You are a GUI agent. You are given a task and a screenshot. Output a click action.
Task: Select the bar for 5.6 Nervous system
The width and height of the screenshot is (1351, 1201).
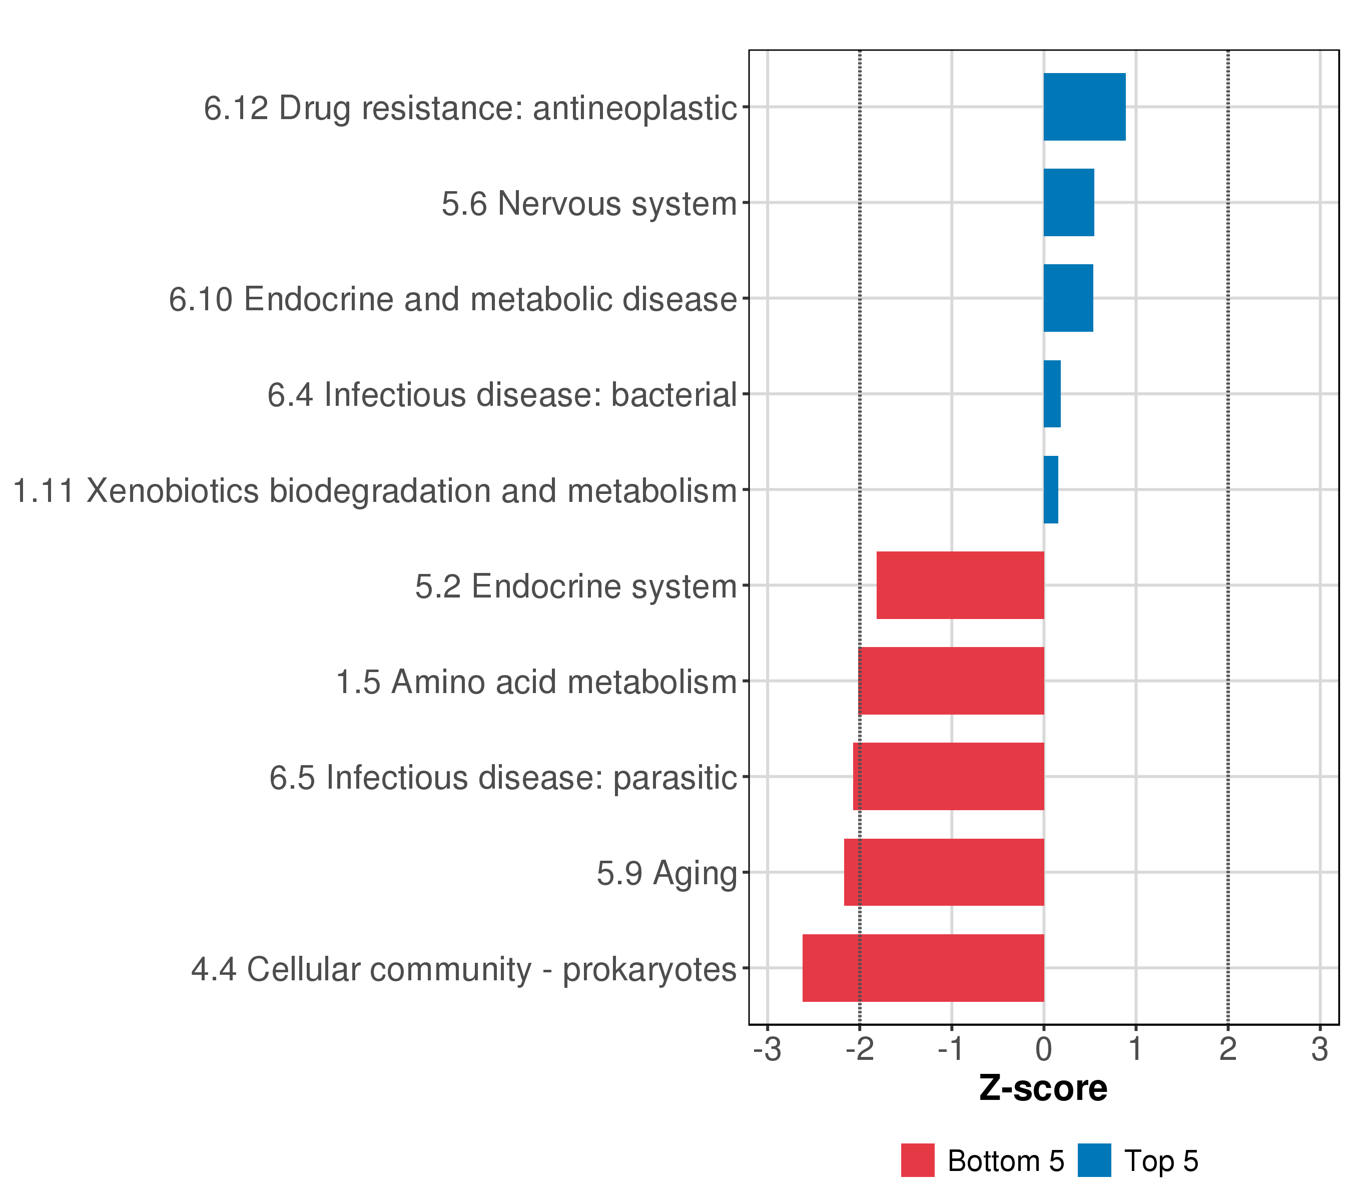pos(1069,202)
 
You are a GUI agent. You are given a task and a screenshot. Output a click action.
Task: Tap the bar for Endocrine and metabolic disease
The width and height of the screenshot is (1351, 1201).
pos(1068,298)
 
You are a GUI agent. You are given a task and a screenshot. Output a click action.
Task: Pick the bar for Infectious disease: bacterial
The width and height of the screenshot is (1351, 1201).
pos(1052,394)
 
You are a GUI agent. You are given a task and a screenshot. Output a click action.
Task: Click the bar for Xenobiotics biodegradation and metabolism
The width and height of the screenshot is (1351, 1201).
pos(1051,490)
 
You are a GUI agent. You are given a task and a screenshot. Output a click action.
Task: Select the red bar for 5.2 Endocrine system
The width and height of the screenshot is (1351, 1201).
pos(960,585)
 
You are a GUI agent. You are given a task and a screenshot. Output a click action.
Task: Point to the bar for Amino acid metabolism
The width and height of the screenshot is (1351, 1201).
pos(951,681)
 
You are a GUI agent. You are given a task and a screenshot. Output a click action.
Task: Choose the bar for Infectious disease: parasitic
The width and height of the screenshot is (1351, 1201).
pos(949,777)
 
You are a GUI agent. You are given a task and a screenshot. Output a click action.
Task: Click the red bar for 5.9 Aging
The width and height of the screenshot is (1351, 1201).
pos(944,873)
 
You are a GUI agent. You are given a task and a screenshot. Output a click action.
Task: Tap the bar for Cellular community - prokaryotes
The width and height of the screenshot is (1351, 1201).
pos(923,968)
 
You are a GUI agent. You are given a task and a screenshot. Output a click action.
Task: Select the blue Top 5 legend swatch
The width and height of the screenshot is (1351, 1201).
pos(1094,1160)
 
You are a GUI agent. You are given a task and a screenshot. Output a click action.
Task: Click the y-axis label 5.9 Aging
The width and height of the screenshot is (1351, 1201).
pos(666,874)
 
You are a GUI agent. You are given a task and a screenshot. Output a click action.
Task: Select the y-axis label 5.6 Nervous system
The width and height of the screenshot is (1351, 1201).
pos(589,204)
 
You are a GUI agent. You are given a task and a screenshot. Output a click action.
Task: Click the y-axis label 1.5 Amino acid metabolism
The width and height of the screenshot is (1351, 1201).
pos(536,682)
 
